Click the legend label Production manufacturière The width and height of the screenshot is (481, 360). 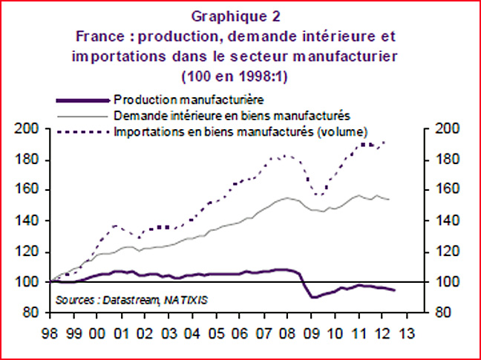point(190,97)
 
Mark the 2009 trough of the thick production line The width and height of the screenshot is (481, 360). point(313,297)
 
